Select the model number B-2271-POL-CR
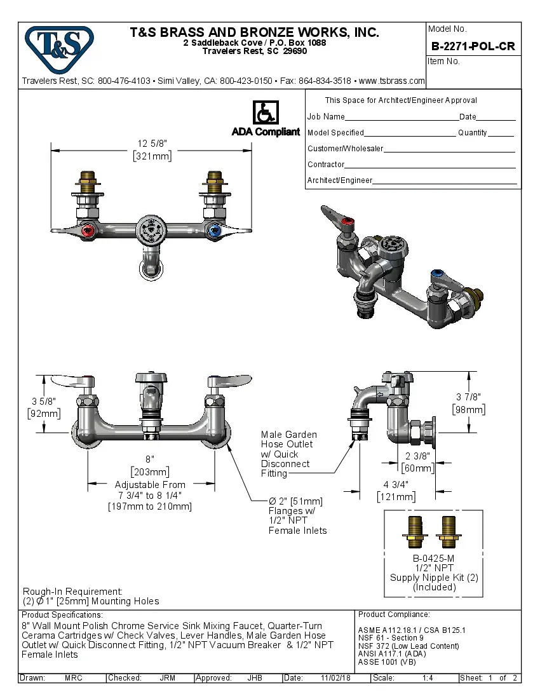[x=473, y=46]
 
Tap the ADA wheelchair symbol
[x=265, y=112]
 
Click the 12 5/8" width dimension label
[x=152, y=143]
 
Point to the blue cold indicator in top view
[x=213, y=231]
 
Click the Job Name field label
[x=326, y=117]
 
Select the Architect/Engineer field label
[x=340, y=180]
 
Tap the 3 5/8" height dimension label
[x=43, y=402]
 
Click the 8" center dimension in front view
[x=150, y=459]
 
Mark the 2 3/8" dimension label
[x=417, y=456]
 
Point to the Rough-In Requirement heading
[x=72, y=591]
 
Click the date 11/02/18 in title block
[x=335, y=678]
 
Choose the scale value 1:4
[x=428, y=678]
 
